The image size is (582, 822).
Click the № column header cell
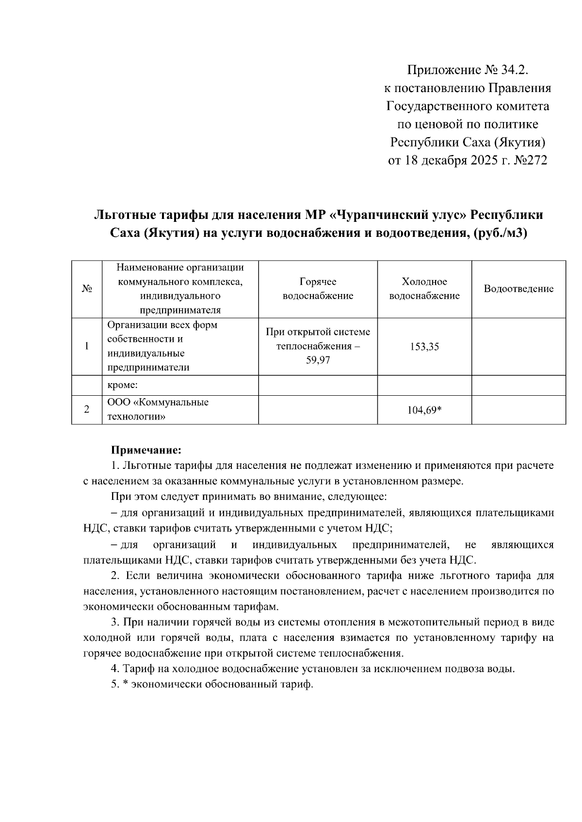pyautogui.click(x=87, y=289)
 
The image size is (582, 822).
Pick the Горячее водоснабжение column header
pyautogui.click(x=318, y=289)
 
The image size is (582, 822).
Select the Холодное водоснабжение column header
pyautogui.click(x=424, y=289)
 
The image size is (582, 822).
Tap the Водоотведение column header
pyautogui.click(x=518, y=289)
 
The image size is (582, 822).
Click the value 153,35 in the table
pyautogui.click(x=424, y=346)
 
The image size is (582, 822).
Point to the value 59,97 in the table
pyautogui.click(x=318, y=360)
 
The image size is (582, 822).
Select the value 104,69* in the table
pyautogui.click(x=424, y=410)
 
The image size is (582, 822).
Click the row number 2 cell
pyautogui.click(x=87, y=410)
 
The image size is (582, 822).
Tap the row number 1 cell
pyautogui.click(x=87, y=346)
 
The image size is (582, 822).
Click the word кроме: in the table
pyautogui.click(x=123, y=386)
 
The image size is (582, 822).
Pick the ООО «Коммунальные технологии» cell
pyautogui.click(x=158, y=409)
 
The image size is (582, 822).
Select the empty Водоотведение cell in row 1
pyautogui.click(x=518, y=346)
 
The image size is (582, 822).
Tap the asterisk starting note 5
pyautogui.click(x=125, y=685)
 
